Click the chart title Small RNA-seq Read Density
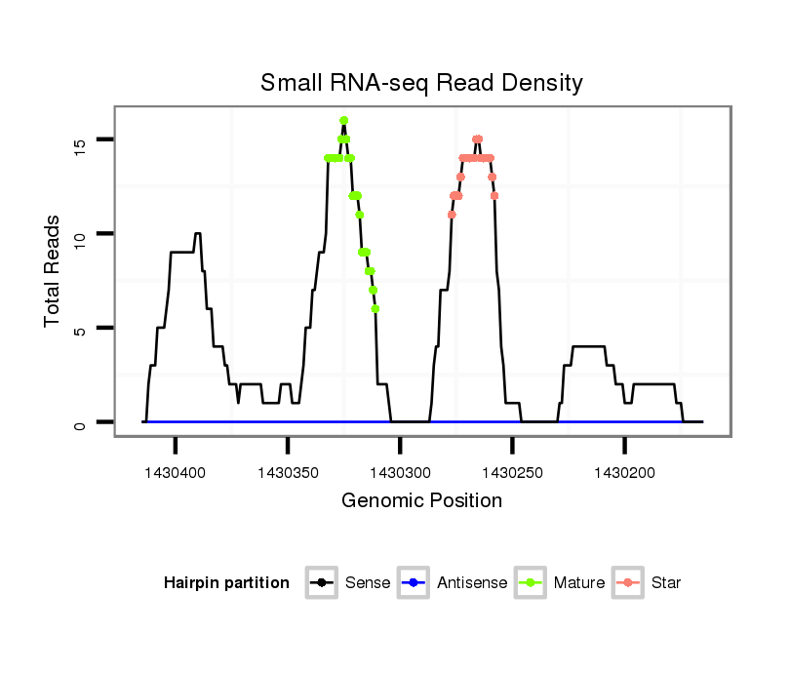pos(421,83)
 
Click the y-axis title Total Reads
pos(53,271)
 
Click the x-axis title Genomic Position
pos(421,501)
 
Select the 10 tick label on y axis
pos(80,234)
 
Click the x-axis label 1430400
pos(176,473)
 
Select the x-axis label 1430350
pos(288,473)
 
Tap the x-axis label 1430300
pos(400,473)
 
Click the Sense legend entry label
pos(368,583)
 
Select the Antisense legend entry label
pos(472,583)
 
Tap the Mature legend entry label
pos(579,583)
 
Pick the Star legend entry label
pos(667,583)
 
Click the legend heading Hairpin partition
pos(226,583)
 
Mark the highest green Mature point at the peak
pos(344,121)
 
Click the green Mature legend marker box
pos(534,583)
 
